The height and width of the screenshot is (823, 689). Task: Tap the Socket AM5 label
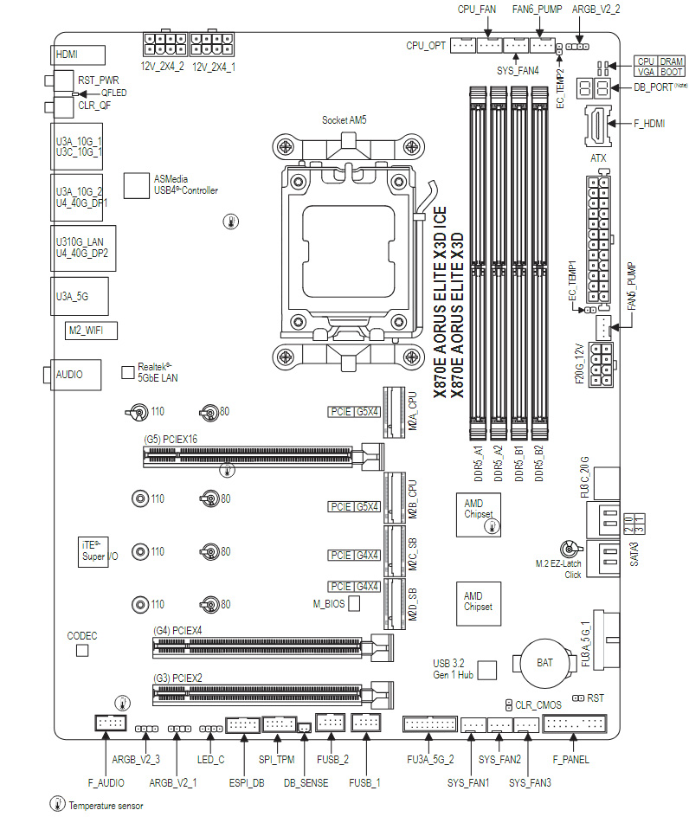coord(344,120)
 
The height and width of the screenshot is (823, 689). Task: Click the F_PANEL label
coord(570,760)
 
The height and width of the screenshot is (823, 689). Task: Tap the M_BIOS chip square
coord(354,602)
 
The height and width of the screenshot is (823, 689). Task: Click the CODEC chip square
coord(82,649)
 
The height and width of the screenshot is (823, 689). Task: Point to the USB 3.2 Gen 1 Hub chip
coord(487,669)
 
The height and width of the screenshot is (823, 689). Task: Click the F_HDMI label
coord(649,124)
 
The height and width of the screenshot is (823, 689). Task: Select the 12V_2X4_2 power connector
coord(162,44)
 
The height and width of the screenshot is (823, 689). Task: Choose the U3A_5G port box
coord(77,296)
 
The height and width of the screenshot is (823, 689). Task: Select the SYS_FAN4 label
coord(518,69)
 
